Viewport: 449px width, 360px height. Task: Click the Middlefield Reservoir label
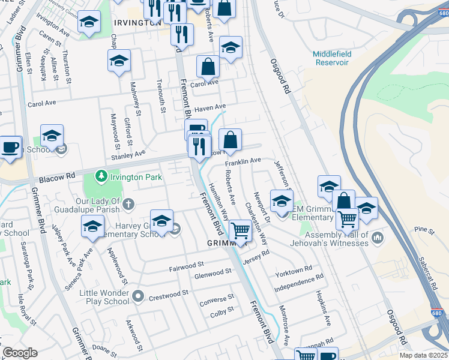[x=332, y=59]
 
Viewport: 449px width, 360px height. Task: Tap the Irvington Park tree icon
[x=101, y=176]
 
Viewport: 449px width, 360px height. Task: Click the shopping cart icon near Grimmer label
[x=241, y=230]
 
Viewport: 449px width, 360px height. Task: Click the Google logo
[x=20, y=353]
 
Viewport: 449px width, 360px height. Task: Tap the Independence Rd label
[x=299, y=280]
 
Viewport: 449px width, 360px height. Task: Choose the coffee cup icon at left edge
[x=10, y=148]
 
